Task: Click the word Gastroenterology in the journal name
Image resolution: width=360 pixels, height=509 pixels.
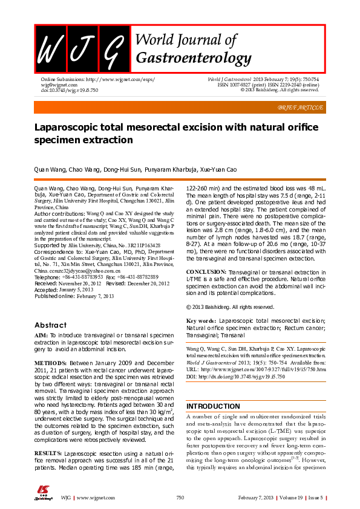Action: click(194, 57)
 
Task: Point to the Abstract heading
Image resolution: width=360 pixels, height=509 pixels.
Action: click(50, 325)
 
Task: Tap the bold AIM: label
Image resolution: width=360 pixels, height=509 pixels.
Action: click(41, 334)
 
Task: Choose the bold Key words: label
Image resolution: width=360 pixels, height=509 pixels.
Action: click(201, 320)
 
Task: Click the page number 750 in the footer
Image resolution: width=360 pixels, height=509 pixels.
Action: click(180, 497)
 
